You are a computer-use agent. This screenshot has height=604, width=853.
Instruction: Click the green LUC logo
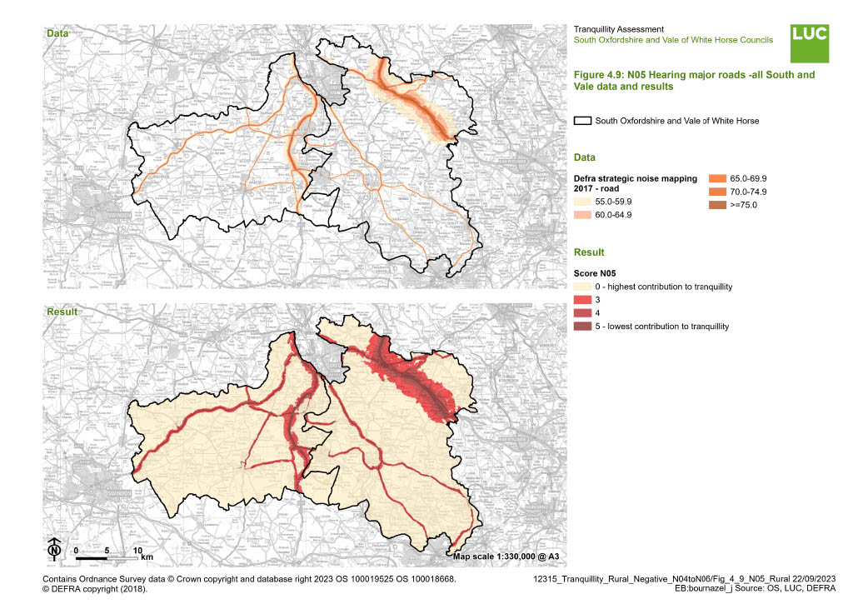click(810, 43)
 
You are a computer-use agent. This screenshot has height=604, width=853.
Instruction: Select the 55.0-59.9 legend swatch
click(582, 201)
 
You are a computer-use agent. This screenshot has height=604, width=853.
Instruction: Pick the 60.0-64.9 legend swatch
click(582, 215)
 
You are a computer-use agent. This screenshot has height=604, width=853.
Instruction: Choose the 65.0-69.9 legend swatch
click(716, 178)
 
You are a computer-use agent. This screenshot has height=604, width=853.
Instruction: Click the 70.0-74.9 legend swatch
click(716, 192)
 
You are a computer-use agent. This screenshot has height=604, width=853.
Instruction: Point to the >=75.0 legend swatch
click(716, 205)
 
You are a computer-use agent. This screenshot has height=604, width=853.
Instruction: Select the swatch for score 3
click(582, 300)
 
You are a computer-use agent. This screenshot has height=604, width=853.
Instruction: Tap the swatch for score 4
click(582, 313)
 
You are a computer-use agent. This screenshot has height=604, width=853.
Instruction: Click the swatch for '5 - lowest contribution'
click(582, 327)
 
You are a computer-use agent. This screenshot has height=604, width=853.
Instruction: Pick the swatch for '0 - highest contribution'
click(582, 287)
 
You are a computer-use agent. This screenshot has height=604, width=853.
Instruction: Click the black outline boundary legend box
click(582, 121)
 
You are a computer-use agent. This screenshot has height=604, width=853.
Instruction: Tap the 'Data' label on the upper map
click(57, 34)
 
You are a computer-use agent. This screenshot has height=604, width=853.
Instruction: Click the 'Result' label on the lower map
click(61, 312)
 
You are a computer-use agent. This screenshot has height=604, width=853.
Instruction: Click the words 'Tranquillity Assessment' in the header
click(617, 29)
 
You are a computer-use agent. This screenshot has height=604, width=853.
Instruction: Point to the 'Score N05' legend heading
click(595, 272)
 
